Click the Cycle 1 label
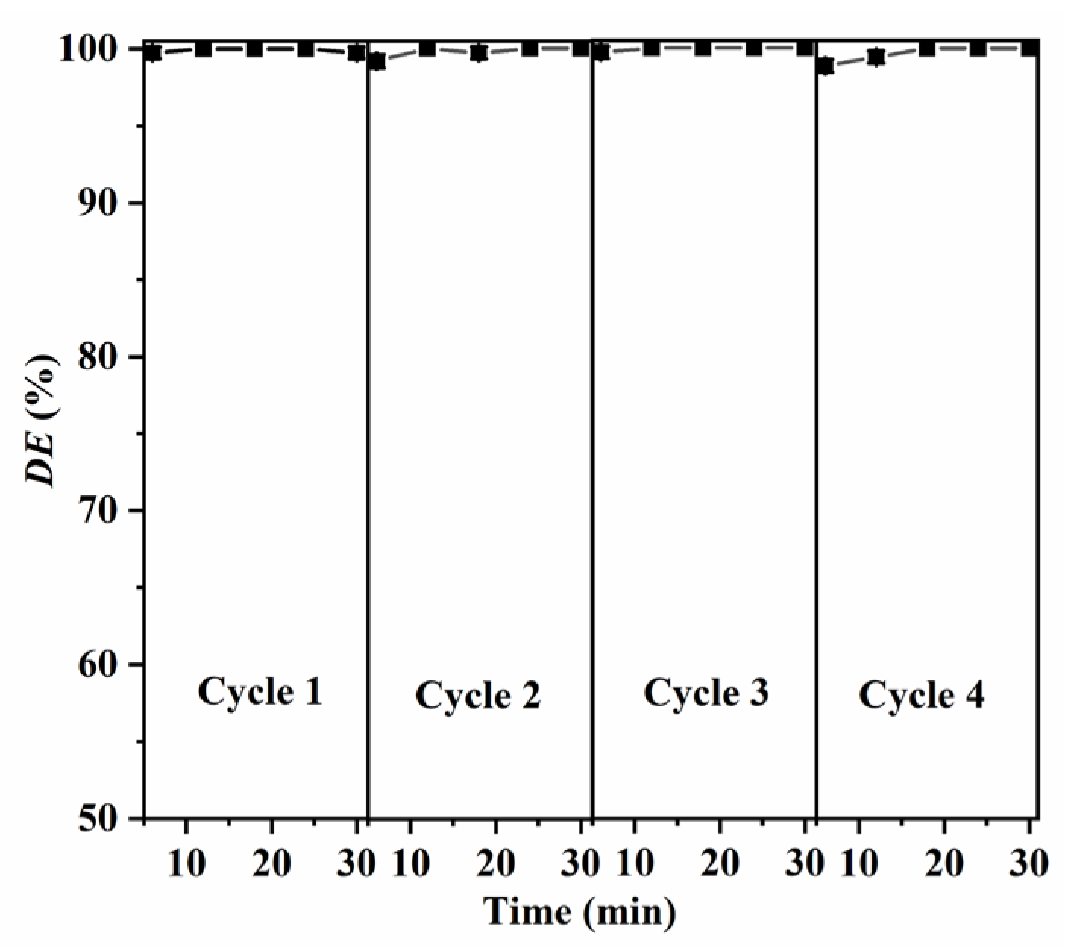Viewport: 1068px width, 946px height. (x=259, y=692)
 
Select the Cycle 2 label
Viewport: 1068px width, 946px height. (x=478, y=696)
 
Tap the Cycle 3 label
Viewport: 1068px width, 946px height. (x=705, y=693)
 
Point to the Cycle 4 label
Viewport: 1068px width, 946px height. (x=921, y=695)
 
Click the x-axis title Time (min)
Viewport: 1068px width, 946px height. (x=580, y=911)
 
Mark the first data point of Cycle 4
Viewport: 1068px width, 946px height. (x=825, y=66)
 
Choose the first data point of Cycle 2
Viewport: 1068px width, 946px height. (x=376, y=61)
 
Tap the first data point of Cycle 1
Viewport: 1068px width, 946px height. (x=152, y=52)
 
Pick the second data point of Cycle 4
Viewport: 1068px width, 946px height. (x=876, y=57)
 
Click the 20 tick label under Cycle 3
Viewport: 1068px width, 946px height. (x=719, y=863)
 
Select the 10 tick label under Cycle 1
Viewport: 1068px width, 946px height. (x=186, y=863)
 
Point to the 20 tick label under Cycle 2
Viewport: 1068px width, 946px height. (x=495, y=863)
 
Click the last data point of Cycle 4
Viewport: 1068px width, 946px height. (x=1029, y=49)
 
